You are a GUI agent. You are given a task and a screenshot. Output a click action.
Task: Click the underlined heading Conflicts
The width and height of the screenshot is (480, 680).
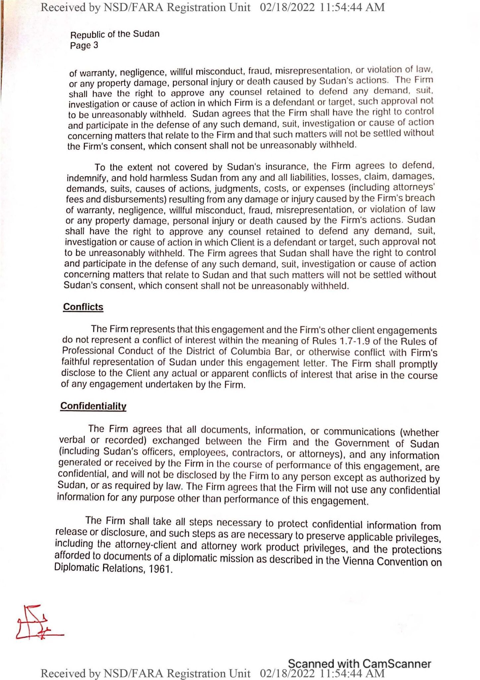83,307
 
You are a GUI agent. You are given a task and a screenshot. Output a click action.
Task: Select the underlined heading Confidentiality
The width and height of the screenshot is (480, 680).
93,406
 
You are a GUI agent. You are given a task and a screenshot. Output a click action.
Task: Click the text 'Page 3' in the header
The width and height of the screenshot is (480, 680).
84,45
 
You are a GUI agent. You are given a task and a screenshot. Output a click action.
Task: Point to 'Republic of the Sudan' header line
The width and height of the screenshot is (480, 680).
115,34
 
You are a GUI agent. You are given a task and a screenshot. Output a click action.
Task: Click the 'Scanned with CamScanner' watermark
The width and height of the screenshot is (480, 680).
359,663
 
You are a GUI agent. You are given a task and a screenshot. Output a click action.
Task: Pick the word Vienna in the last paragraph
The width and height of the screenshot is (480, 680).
358,561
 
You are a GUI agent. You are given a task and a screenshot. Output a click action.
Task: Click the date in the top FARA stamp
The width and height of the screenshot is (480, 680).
287,7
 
